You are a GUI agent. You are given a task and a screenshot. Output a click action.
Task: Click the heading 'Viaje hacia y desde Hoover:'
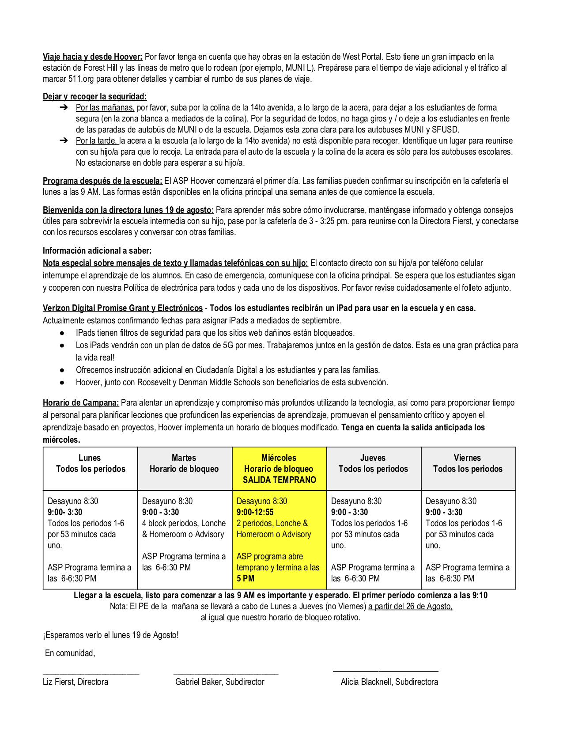(x=92, y=57)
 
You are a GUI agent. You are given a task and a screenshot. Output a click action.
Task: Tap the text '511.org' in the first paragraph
(x=81, y=79)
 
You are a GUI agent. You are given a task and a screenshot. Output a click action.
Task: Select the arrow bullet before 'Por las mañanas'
(x=63, y=107)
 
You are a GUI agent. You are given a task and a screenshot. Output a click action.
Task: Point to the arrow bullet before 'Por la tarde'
(x=63, y=140)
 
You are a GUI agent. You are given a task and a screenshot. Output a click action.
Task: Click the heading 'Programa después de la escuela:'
(x=102, y=181)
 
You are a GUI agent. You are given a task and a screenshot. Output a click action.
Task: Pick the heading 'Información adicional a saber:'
(x=97, y=251)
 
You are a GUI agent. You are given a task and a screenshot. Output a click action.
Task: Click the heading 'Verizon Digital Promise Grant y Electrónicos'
(x=122, y=308)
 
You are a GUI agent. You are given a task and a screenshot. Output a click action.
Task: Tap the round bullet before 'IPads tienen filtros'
(x=62, y=333)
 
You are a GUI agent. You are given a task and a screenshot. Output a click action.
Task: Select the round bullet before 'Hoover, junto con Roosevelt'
(x=62, y=382)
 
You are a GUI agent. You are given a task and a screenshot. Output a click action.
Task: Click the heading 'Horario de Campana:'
(x=81, y=402)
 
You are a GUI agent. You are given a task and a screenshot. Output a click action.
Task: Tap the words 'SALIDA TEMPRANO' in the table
(x=279, y=480)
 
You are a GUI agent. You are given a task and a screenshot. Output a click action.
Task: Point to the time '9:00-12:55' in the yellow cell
(x=255, y=512)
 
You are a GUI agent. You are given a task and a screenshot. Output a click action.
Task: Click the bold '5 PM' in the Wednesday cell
(x=246, y=578)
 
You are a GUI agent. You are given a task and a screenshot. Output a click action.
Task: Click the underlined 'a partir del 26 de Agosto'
(x=410, y=606)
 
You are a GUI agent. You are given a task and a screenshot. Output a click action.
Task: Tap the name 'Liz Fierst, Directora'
(x=76, y=682)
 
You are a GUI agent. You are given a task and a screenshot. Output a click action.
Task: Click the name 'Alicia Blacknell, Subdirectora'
(x=389, y=682)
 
